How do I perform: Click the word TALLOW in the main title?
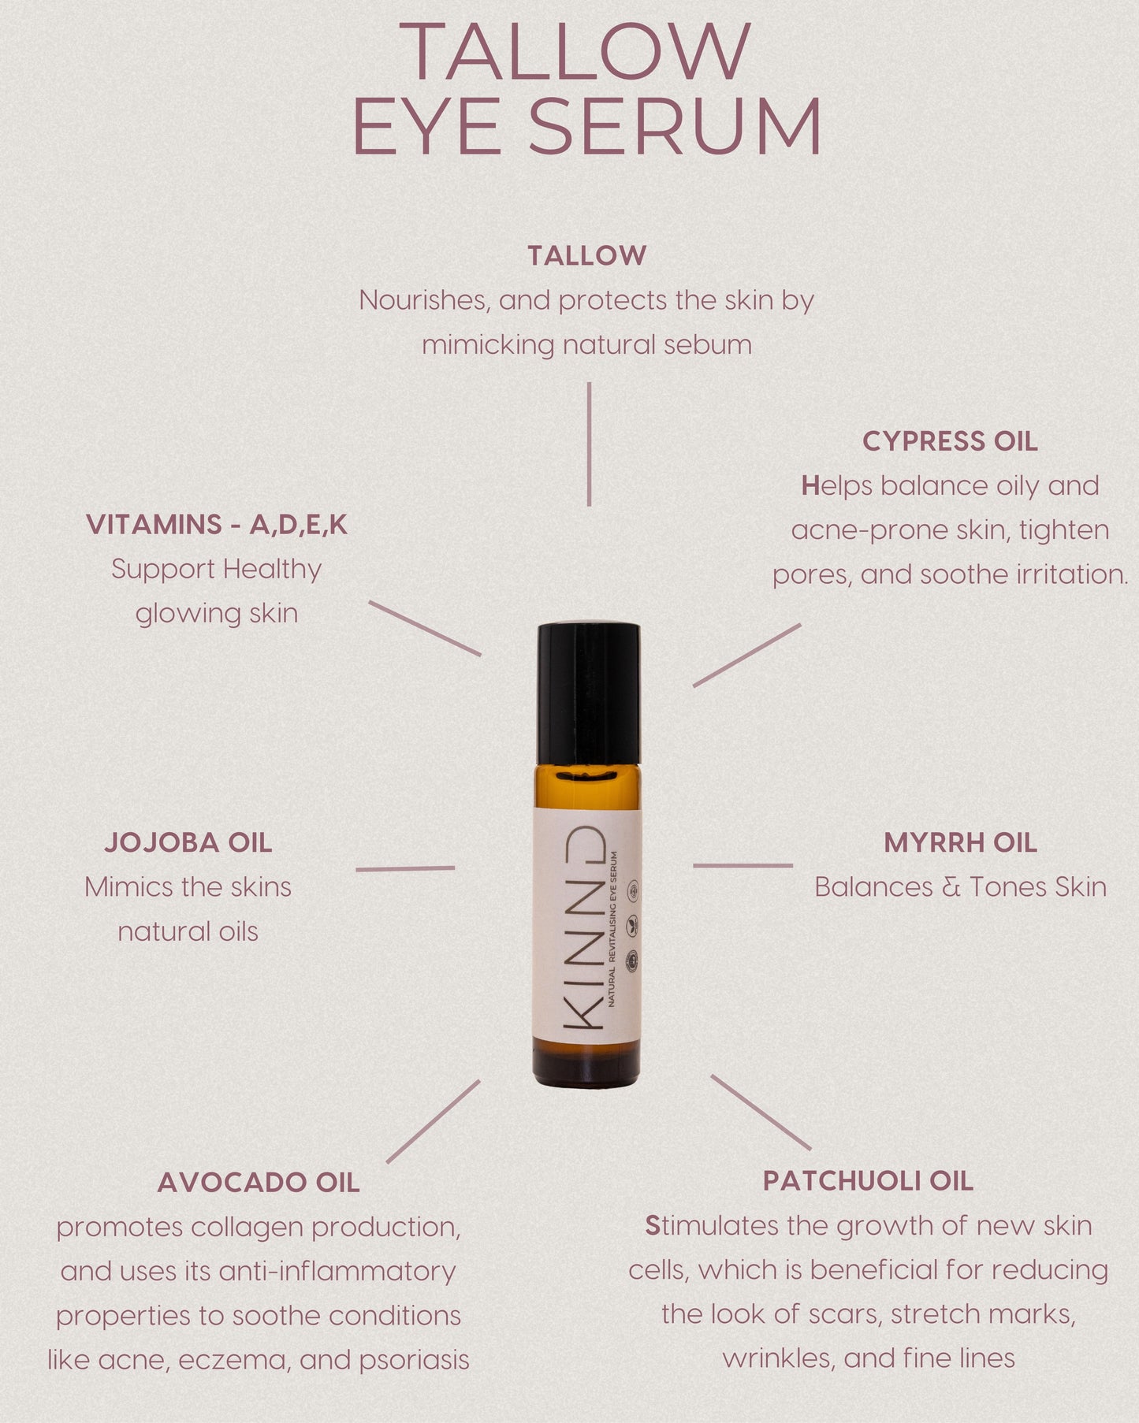tap(574, 51)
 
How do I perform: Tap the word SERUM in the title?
tap(675, 127)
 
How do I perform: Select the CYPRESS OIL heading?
tap(950, 441)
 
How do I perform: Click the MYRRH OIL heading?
tap(960, 842)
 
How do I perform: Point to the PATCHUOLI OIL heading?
tap(868, 1181)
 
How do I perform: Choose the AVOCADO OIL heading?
tap(259, 1183)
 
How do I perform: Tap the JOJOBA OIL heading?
tap(188, 842)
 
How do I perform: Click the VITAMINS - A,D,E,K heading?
tap(217, 525)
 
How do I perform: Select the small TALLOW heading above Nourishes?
tap(587, 255)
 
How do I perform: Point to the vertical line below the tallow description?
tap(589, 444)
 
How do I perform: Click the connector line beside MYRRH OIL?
tap(743, 866)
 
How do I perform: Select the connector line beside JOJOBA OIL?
tap(405, 868)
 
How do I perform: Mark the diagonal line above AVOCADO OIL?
tap(433, 1121)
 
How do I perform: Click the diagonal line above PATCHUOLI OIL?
tap(761, 1112)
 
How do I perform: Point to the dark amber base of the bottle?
tap(587, 1063)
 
